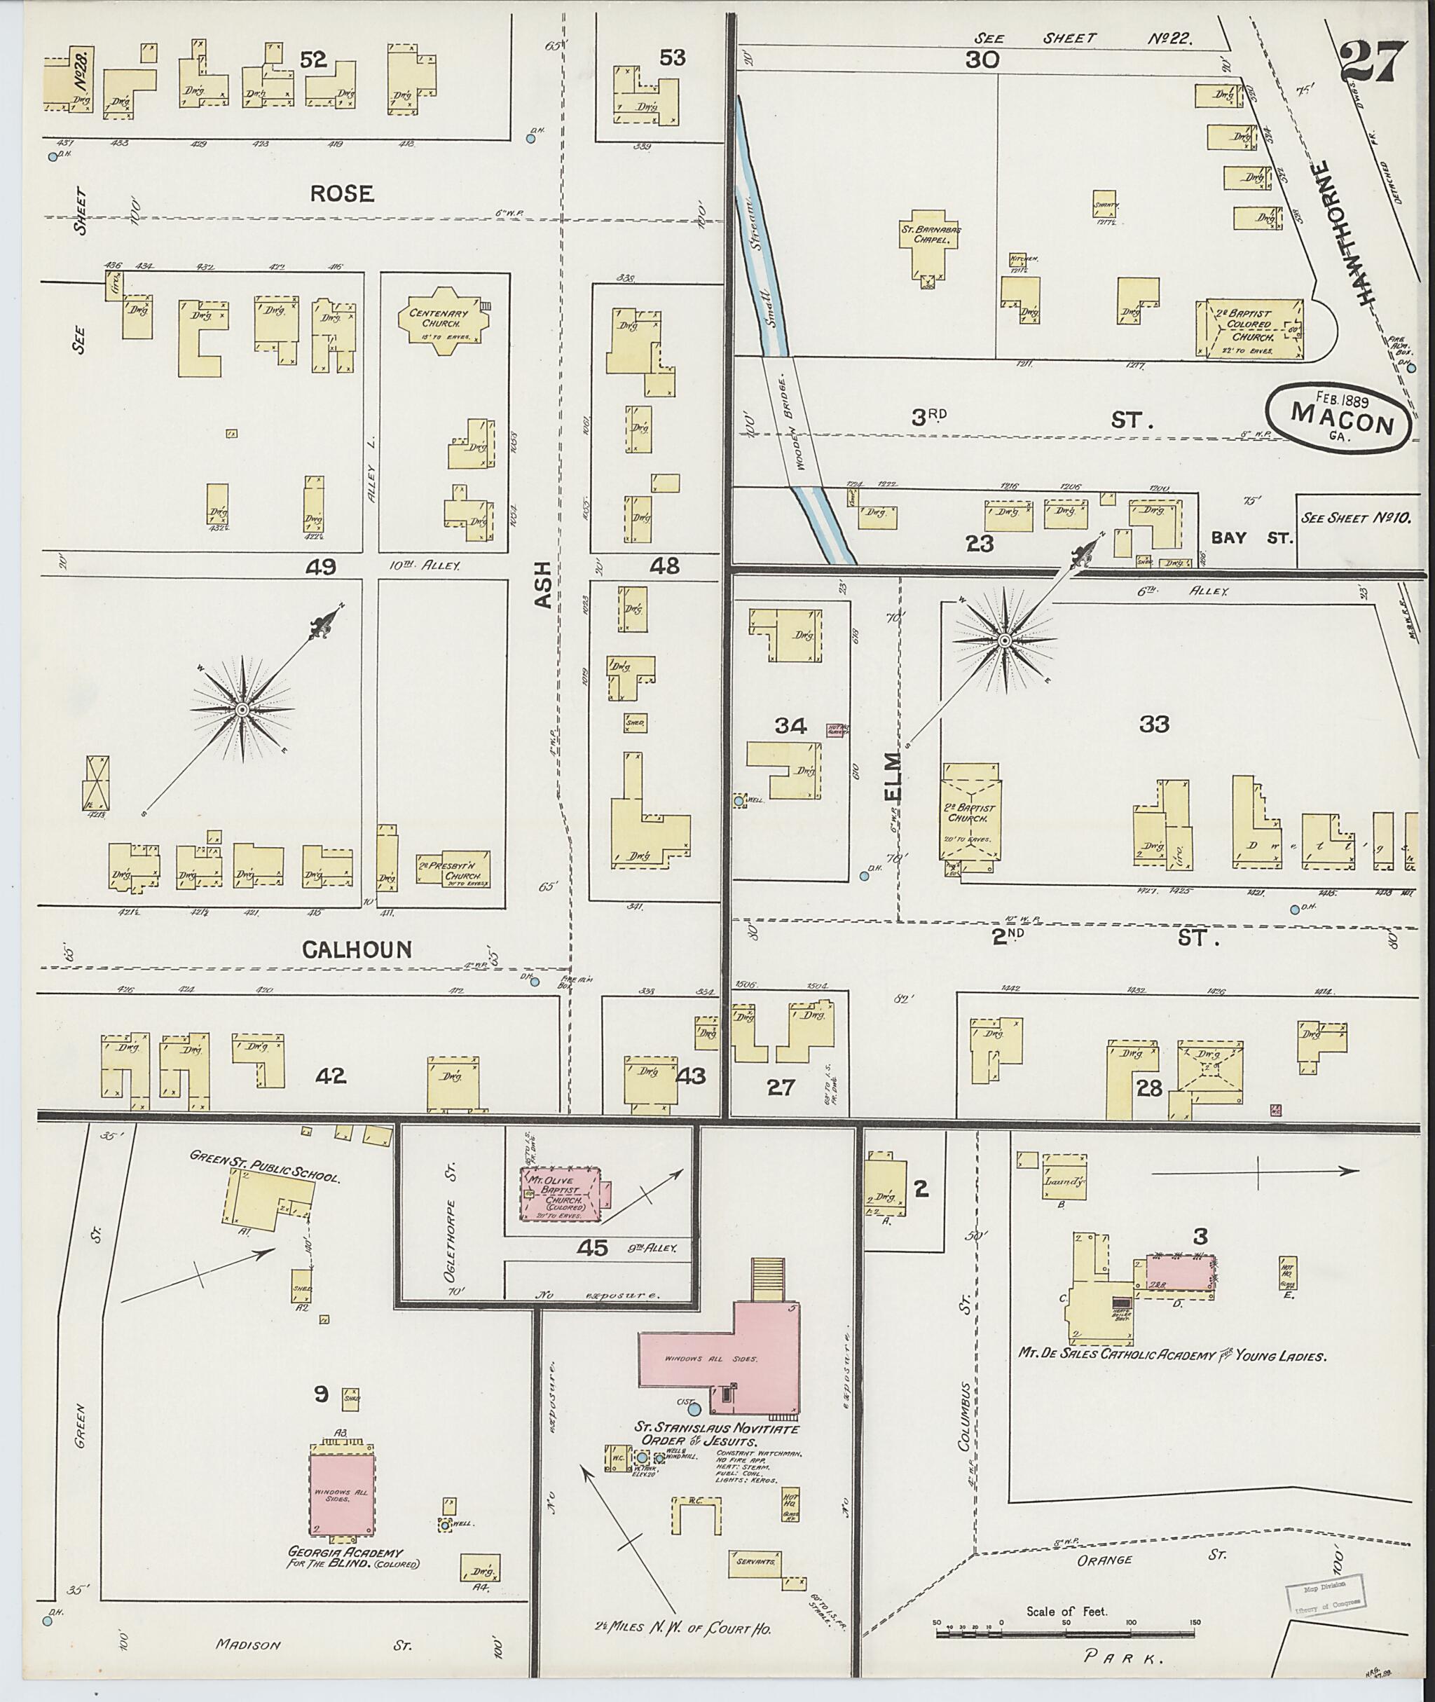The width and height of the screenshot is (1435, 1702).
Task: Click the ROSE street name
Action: pos(342,193)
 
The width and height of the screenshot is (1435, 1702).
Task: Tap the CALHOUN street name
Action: pos(357,949)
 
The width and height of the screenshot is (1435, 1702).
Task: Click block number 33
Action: pos(1153,723)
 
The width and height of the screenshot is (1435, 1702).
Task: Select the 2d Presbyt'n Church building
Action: pos(453,869)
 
